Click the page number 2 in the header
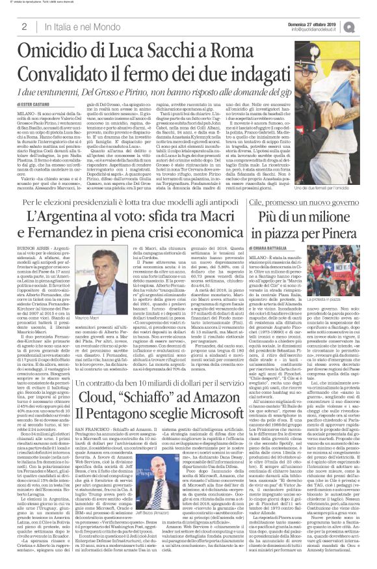pyautogui.click(x=24, y=26)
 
